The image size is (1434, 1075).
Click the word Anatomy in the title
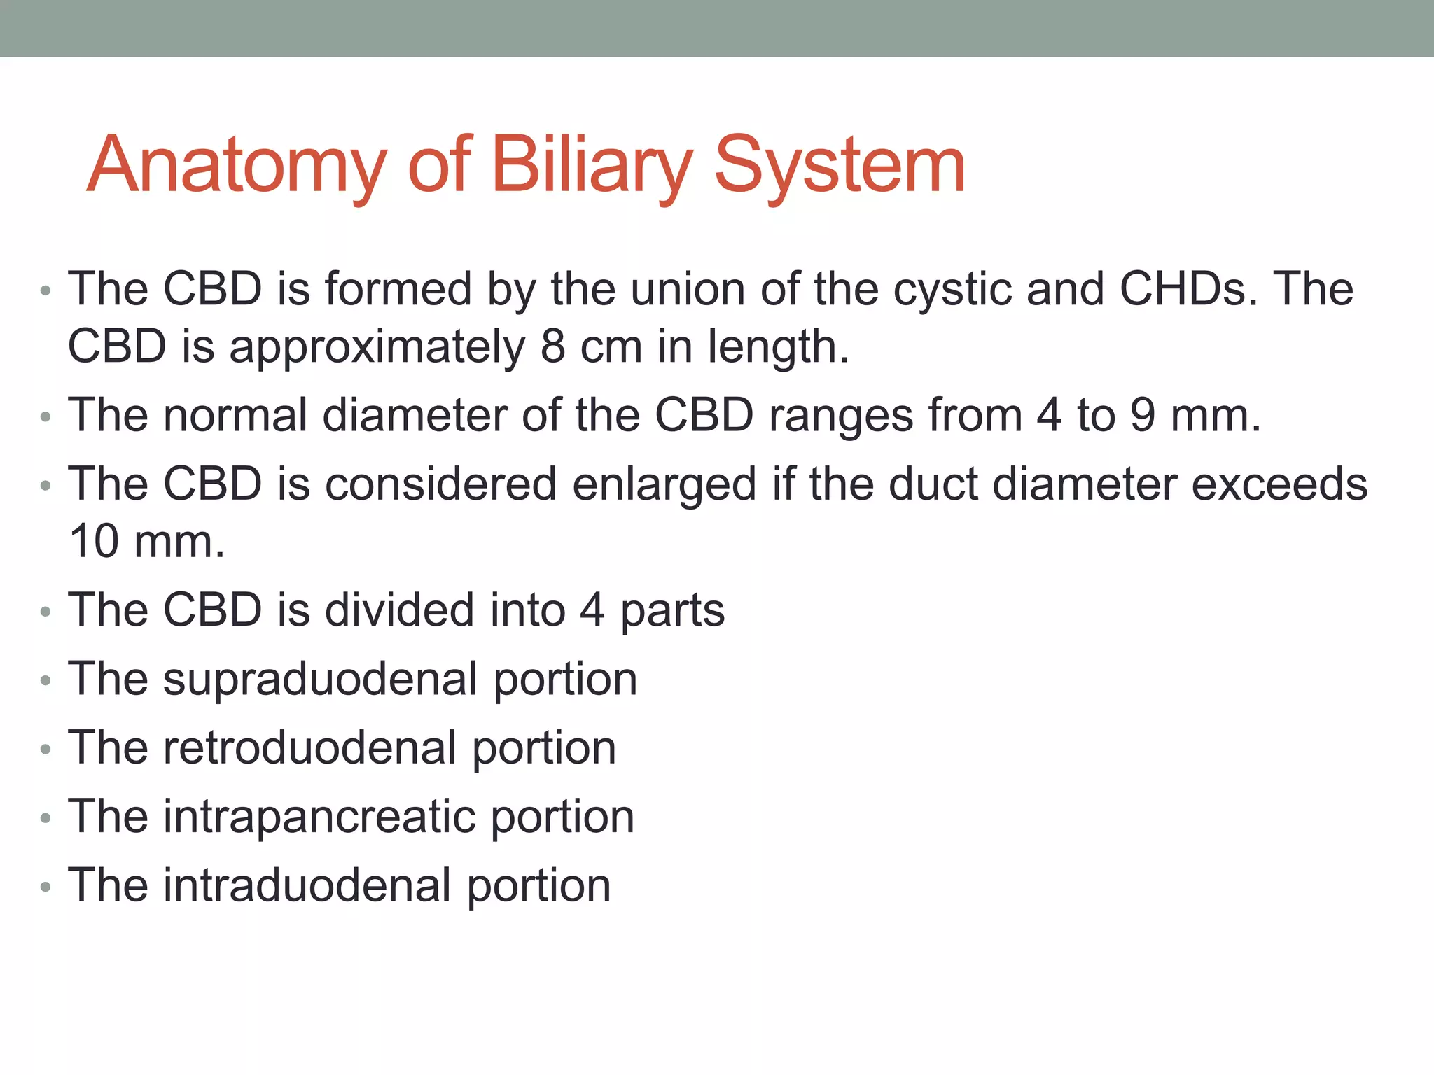point(237,165)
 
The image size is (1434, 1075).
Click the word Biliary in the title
point(592,165)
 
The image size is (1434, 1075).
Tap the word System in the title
point(840,165)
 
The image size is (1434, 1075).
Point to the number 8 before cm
point(552,346)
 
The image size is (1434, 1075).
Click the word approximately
point(377,346)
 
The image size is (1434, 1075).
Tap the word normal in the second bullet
point(235,415)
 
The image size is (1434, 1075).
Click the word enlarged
point(664,484)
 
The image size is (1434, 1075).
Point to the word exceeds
point(1279,484)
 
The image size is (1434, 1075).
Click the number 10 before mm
point(95,542)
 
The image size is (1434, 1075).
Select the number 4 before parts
point(592,610)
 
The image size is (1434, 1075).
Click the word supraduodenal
point(320,679)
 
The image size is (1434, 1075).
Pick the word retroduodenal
point(309,748)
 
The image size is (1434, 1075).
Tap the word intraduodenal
point(307,885)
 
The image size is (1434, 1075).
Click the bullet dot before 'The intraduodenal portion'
point(46,887)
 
